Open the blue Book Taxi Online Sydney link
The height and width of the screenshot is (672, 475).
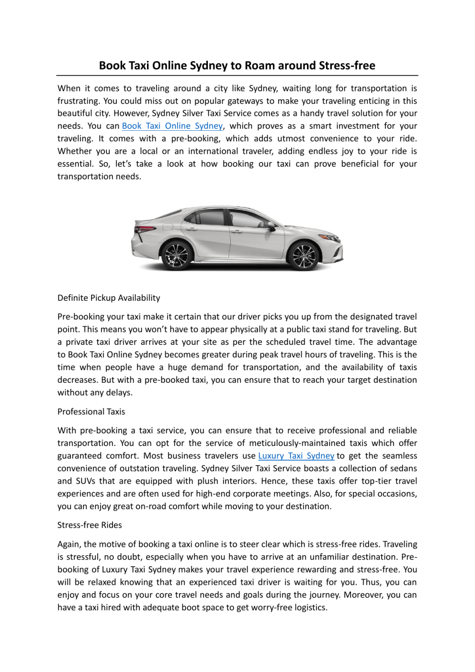172,126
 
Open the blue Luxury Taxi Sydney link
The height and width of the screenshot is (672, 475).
296,456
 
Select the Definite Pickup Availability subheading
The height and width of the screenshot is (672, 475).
109,298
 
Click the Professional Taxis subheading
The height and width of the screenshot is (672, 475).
91,412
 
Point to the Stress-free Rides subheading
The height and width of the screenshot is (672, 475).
90,525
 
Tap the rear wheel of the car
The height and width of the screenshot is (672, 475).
176,254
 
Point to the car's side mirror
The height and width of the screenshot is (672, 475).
272,226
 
